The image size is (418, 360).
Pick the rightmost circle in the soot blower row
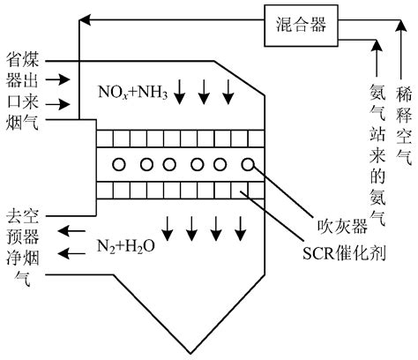(248, 164)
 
